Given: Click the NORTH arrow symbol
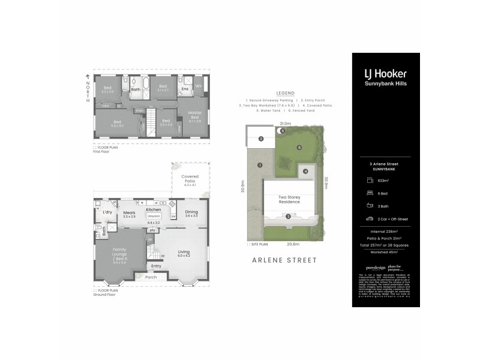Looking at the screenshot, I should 88,77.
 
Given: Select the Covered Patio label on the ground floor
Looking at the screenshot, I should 190,178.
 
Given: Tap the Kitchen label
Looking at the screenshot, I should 153,209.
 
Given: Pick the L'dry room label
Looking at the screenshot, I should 108,213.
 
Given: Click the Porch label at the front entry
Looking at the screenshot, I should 151,277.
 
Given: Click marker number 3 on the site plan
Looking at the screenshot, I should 260,139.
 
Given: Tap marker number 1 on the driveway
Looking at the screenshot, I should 260,165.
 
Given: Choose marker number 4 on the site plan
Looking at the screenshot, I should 305,172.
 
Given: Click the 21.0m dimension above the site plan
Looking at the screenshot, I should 284,124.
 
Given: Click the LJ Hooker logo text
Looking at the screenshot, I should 385,74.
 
